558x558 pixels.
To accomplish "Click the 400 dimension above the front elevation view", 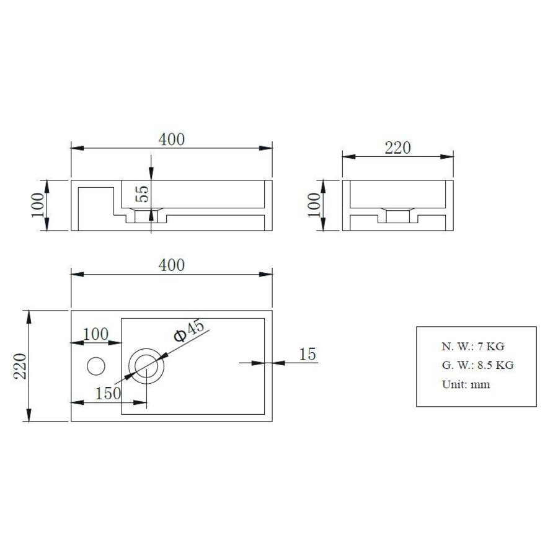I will point(172,139).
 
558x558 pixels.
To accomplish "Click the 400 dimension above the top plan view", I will point(172,265).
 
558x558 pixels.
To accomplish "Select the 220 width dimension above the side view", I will point(398,148).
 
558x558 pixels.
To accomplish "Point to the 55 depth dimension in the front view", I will point(142,194).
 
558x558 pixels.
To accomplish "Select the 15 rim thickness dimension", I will point(308,354).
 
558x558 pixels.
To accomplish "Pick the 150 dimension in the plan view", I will point(108,393).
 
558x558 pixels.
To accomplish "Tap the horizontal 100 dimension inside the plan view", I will point(96,334).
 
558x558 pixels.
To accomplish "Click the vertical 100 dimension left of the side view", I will point(314,205).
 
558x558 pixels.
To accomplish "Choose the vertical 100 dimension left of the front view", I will point(38,205).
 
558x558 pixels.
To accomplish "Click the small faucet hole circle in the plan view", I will point(96,366).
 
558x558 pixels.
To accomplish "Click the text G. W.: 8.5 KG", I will point(477,365).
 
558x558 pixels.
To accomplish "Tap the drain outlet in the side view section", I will point(397,216).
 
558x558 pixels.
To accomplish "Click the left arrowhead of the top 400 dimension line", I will point(76,148).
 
